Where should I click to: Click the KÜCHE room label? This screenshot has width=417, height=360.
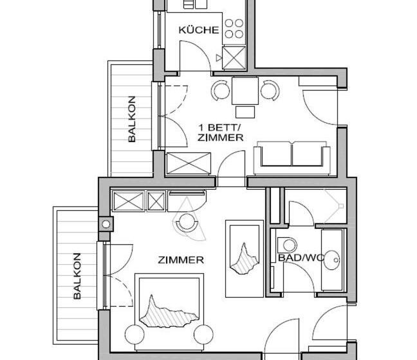pos(199,30)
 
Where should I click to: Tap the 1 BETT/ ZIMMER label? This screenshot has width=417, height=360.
pos(220,132)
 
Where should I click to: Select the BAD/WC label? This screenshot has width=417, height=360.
pos(301,258)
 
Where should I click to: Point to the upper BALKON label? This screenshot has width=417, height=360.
pos(132,119)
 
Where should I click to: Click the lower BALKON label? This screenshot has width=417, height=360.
pos(77,276)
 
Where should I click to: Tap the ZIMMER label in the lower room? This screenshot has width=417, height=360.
pos(181,260)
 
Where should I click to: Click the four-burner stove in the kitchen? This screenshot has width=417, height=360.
pos(234,28)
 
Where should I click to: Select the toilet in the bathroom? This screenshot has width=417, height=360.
pos(288,245)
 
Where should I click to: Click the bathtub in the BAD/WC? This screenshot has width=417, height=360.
pos(333,259)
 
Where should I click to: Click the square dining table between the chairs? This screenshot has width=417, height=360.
pos(245,90)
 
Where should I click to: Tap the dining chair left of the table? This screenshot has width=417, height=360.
pos(221,90)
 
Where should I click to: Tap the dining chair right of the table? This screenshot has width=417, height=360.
pos(269,90)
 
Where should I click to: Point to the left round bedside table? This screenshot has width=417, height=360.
pos(134,334)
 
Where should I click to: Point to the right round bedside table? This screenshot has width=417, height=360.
pos(203,334)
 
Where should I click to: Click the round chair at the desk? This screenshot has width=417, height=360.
pos(187,222)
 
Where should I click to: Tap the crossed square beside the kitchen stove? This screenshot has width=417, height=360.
pos(234,57)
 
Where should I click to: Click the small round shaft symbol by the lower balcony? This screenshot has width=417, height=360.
pos(106,224)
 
